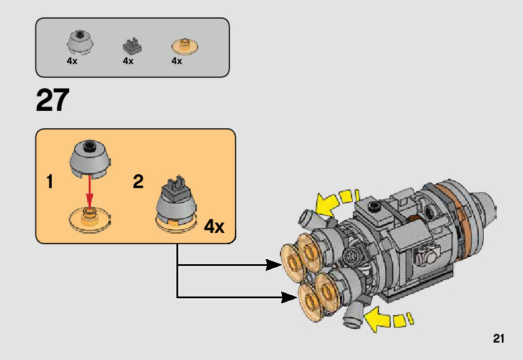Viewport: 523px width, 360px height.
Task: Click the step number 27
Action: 52,100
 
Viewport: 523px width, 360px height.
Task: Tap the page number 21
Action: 497,339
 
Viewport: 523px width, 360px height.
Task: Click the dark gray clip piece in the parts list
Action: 132,45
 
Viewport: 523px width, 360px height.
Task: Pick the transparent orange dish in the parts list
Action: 184,45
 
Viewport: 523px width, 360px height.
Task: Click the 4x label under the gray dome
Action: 72,61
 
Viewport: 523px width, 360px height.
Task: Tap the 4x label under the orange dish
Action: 176,61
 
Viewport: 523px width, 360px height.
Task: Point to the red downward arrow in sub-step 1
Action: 90,190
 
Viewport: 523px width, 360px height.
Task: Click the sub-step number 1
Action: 50,182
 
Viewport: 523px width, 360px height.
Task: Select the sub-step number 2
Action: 138,182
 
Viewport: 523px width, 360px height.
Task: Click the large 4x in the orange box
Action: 214,226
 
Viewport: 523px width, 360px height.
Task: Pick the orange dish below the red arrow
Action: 90,219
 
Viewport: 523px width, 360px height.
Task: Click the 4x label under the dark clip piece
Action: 128,61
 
